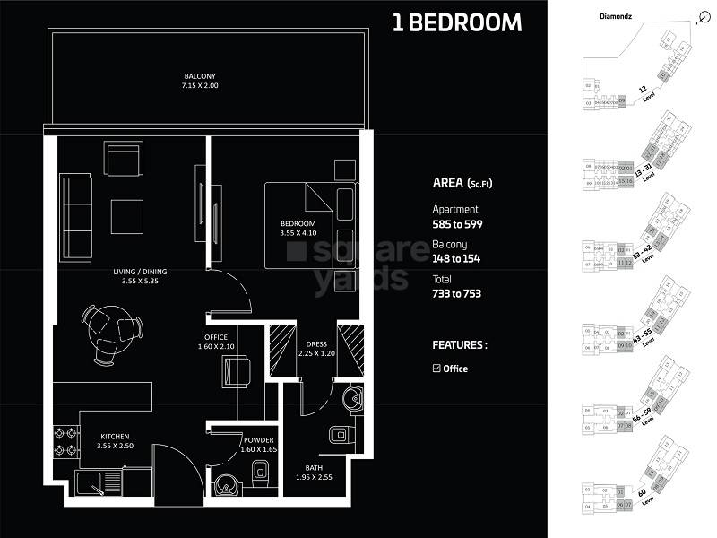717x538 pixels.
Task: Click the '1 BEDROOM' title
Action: (456, 23)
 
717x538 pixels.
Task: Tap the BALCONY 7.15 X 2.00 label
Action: (201, 81)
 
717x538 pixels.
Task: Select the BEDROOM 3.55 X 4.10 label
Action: (298, 228)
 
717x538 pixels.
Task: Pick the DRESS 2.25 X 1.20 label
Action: (315, 347)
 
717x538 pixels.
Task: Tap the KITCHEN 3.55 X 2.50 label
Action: (114, 444)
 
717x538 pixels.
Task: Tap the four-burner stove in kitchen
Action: (65, 441)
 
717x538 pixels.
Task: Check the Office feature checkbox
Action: (436, 369)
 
